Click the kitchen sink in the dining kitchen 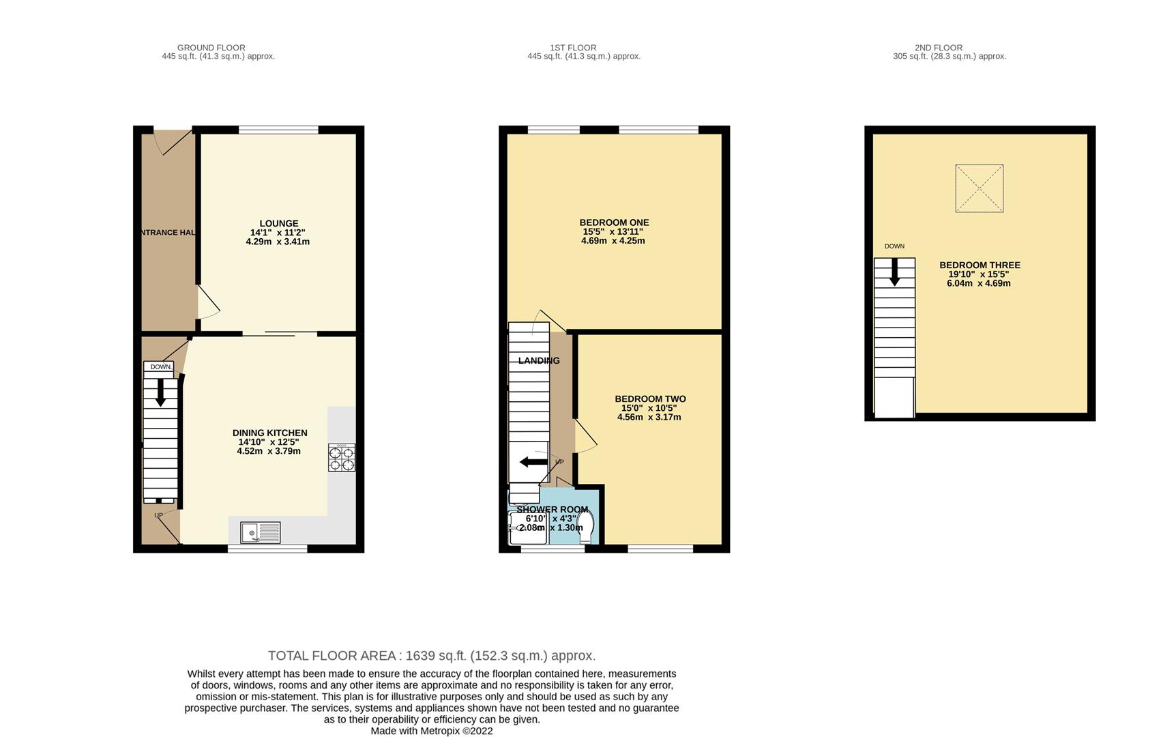[260, 532]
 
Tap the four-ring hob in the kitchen [342, 457]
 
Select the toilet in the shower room [587, 527]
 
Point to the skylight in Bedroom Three [979, 188]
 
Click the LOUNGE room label [278, 223]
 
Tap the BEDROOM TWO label [650, 399]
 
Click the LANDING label [538, 360]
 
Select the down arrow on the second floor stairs [894, 273]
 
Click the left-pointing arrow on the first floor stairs [533, 462]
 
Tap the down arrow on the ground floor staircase [161, 392]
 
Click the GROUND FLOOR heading [211, 48]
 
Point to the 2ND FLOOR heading [938, 48]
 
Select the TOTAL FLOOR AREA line [431, 656]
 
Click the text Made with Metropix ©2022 [431, 731]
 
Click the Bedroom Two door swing [585, 437]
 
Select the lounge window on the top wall [278, 129]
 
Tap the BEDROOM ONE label [614, 222]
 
